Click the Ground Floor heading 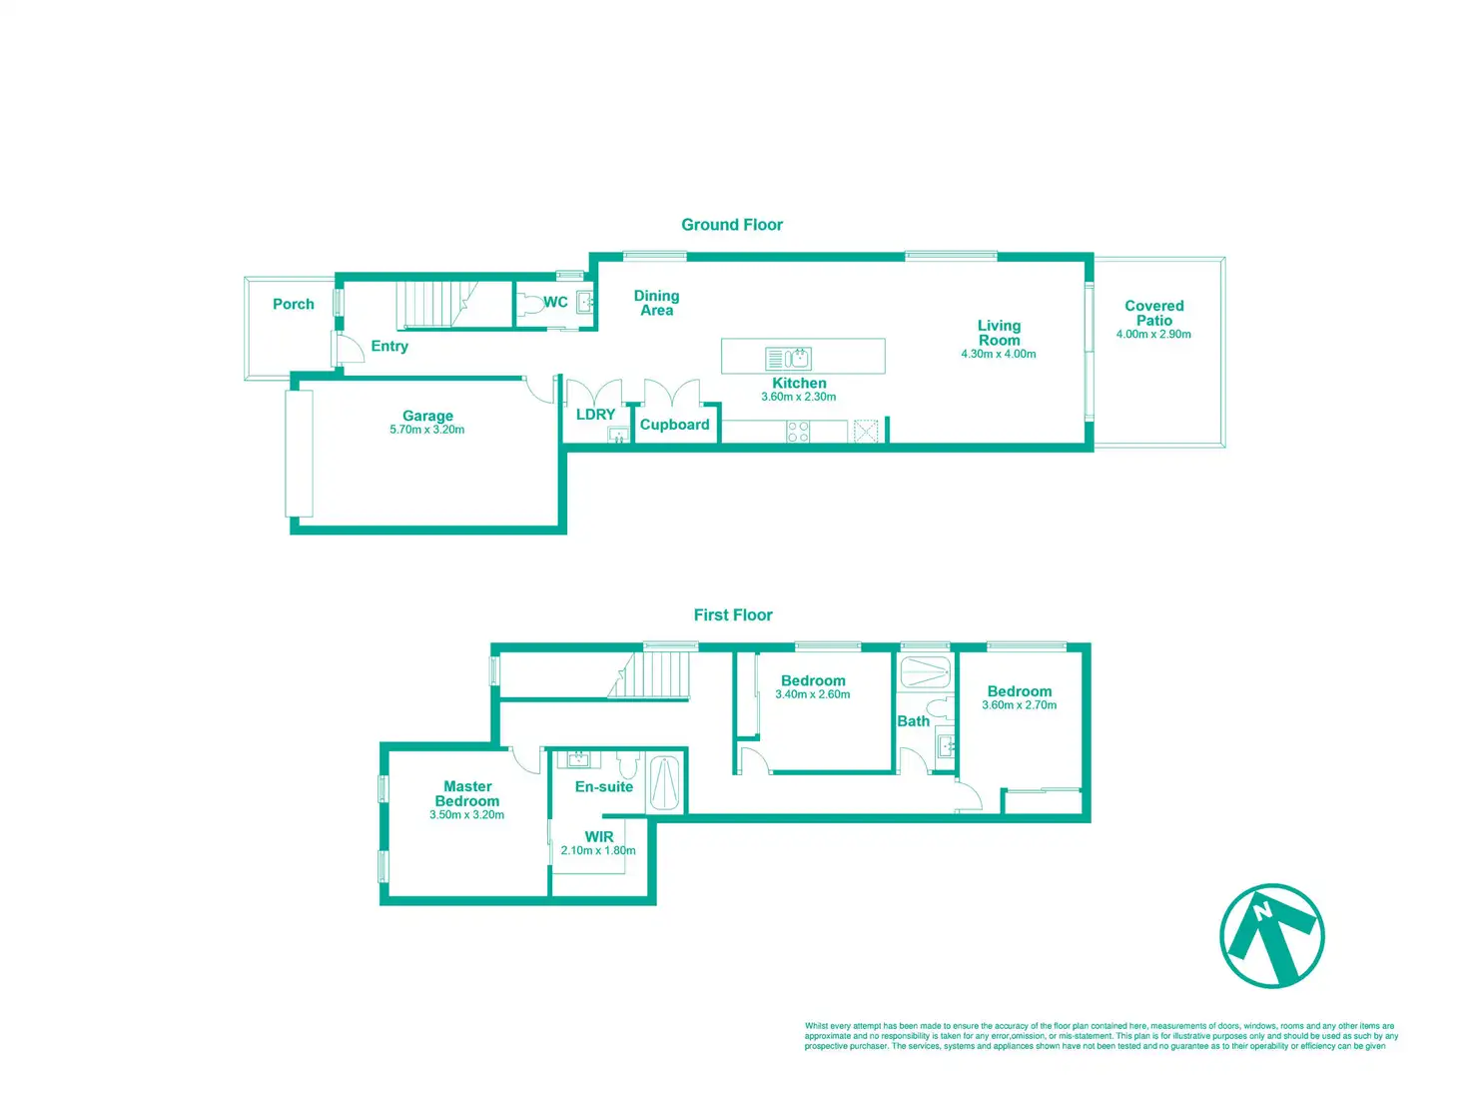[x=732, y=225]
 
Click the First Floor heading [x=733, y=615]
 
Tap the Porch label [x=294, y=305]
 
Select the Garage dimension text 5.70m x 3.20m [x=427, y=430]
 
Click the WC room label [x=555, y=302]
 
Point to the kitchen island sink [x=797, y=358]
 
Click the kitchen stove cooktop [x=798, y=432]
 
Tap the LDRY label [x=595, y=415]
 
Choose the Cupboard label [x=675, y=425]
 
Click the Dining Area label [x=656, y=303]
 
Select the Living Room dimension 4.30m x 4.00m [x=999, y=354]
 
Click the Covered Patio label [x=1154, y=313]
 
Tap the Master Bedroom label [x=467, y=793]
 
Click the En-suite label [x=604, y=787]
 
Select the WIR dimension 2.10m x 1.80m [x=598, y=851]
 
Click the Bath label [x=913, y=721]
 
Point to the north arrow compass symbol [x=1272, y=936]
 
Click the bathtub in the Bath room [x=925, y=671]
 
